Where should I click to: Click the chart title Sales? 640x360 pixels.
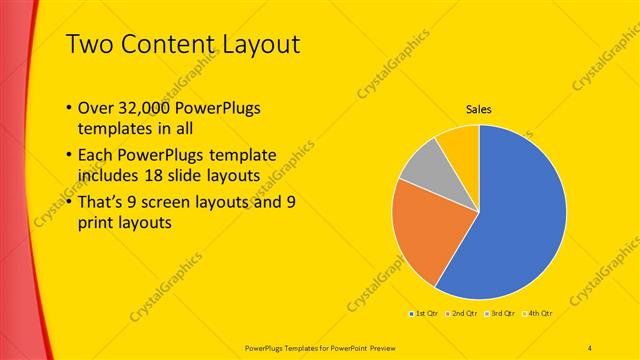pyautogui.click(x=479, y=109)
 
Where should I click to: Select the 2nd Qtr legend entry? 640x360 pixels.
pyautogui.click(x=462, y=313)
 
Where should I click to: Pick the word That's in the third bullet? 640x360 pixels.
pyautogui.click(x=101, y=202)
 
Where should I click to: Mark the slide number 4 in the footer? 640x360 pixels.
pyautogui.click(x=590, y=346)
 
